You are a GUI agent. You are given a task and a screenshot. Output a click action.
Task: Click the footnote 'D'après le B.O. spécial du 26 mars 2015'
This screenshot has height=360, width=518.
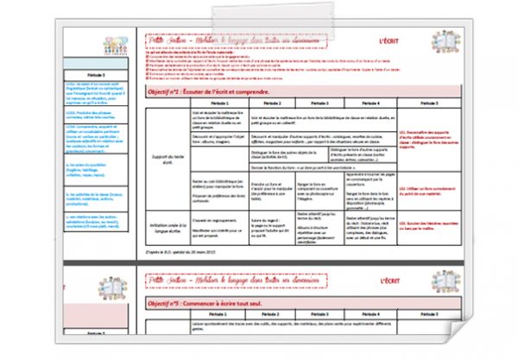[x=183, y=251]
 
